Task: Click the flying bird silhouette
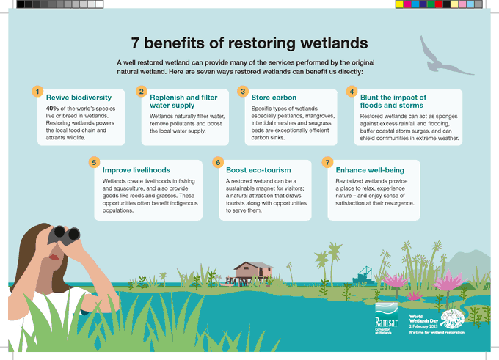point(439,54)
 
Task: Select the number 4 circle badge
point(352,92)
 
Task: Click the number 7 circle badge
point(328,161)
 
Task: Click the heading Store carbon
point(273,98)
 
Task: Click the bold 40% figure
point(54,108)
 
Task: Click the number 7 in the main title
point(136,42)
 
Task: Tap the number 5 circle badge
point(93,161)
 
